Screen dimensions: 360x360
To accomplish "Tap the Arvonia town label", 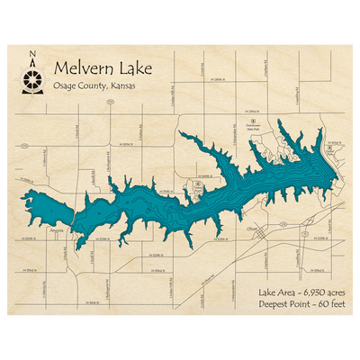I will pyautogui.click(x=58, y=230).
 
